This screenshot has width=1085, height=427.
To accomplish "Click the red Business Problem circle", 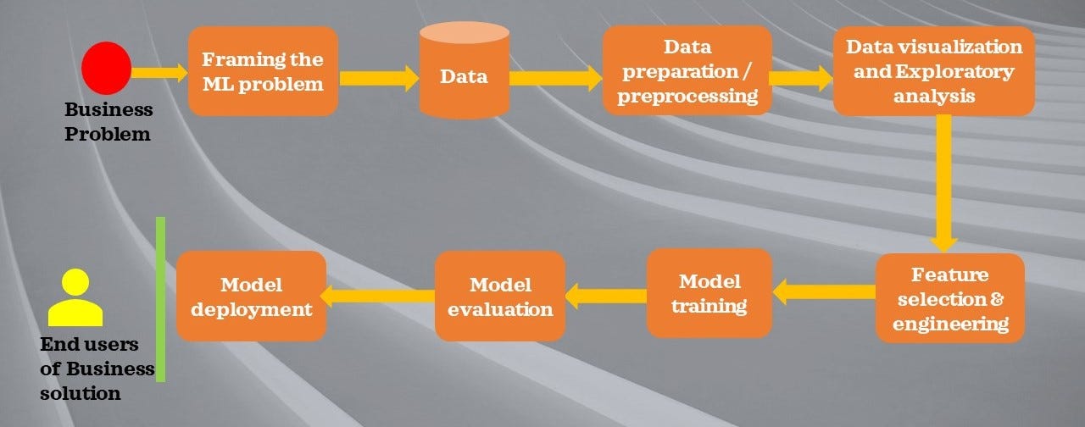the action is tap(106, 68).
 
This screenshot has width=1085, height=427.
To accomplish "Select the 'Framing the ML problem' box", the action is tap(263, 71).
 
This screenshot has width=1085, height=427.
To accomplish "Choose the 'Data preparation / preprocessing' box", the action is tap(687, 70).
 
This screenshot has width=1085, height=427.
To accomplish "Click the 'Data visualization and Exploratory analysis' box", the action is tap(933, 71).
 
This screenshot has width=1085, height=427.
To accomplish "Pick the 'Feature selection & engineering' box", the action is tap(950, 298).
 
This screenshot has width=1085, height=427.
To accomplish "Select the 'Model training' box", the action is tap(709, 293).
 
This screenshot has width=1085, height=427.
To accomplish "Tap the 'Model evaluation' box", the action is tap(500, 296).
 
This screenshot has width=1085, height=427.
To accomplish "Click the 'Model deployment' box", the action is tap(251, 296).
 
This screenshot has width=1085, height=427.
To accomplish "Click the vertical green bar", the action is tap(160, 299).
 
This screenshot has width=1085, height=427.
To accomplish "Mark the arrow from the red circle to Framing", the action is tap(159, 73).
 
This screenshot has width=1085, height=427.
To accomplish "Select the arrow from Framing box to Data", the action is tap(379, 78).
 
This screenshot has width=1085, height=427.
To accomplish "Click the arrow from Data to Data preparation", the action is tap(555, 78).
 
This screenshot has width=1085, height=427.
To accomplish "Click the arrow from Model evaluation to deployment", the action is tap(380, 296).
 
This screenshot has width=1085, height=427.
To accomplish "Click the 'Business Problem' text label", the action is tap(108, 121).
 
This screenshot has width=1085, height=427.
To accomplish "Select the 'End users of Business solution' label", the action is tap(97, 369).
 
